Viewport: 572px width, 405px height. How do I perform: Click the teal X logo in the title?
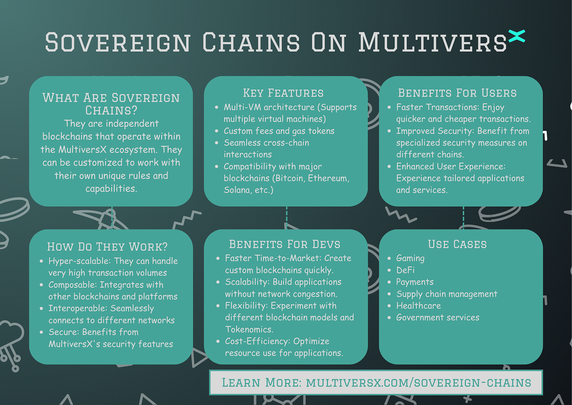coord(516,36)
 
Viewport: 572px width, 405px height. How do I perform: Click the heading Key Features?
coord(283,93)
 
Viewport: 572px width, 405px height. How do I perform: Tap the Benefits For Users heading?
coord(457,93)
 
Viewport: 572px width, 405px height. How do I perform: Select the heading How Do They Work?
coord(107,247)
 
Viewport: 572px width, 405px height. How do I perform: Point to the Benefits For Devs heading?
coord(284,244)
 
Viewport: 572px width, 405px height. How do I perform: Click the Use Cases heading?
coord(457,244)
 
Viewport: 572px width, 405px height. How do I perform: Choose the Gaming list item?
coord(410,259)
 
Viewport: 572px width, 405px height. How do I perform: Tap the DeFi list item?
coord(405,270)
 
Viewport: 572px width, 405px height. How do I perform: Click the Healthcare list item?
coord(419,305)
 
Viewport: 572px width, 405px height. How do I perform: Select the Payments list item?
coord(415,282)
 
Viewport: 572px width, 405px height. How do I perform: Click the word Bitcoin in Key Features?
coord(289,178)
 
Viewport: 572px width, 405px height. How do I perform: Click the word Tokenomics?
coord(249,329)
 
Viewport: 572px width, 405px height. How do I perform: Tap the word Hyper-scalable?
coord(80,261)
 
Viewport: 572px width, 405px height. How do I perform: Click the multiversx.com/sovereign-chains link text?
coord(419,383)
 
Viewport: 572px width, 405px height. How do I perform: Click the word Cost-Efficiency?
coord(258,342)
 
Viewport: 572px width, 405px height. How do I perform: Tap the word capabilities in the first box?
coord(111,189)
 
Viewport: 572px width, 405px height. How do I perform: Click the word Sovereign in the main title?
coord(118,42)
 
